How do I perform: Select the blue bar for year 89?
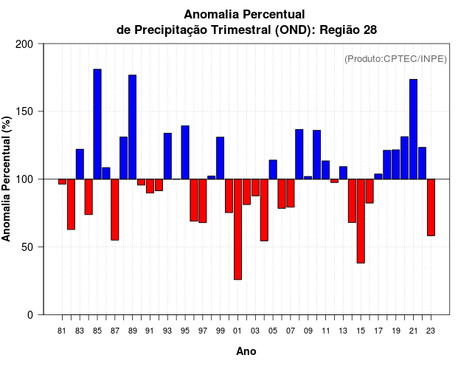coord(133,127)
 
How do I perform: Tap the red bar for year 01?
coord(237,229)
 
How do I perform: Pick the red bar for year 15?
coord(361,221)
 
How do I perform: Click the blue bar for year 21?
coord(413,129)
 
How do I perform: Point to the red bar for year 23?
coord(431,207)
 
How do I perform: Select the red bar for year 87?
coord(115,210)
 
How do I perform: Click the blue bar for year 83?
coord(80,164)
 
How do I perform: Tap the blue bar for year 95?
coord(185,152)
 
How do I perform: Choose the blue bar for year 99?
coord(220,158)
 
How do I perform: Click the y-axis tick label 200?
coord(25,44)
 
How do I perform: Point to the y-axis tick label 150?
coord(25,111)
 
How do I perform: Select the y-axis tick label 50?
coord(28,247)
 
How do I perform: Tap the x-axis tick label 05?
coord(273,331)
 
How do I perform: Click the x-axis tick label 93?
coord(167,331)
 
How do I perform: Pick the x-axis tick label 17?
coord(378,331)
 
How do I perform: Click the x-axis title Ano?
coord(246,351)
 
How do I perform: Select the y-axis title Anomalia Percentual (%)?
coord(7,179)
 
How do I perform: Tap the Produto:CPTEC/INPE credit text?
coord(395,58)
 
